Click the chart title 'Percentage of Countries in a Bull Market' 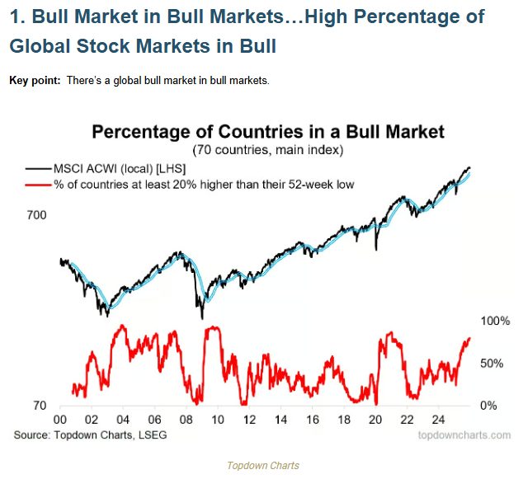click(x=268, y=132)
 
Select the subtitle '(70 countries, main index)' click(x=268, y=151)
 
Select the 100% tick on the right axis click(x=496, y=320)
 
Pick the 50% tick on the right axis click(x=492, y=363)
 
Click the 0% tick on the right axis click(x=489, y=406)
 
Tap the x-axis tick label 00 click(x=60, y=420)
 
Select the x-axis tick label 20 click(x=376, y=420)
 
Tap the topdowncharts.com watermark click(x=464, y=434)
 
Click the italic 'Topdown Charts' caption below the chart click(x=263, y=466)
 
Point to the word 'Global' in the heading click(x=39, y=47)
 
